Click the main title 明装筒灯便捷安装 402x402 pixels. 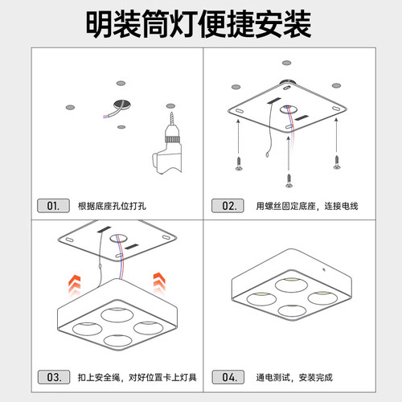(x=200, y=25)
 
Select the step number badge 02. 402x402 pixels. (x=228, y=206)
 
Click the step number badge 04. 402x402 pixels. (x=228, y=376)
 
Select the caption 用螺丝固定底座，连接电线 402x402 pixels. (x=306, y=207)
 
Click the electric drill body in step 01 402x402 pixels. (x=166, y=153)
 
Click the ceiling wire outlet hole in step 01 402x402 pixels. (x=122, y=105)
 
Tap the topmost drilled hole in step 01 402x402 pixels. (x=120, y=84)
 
